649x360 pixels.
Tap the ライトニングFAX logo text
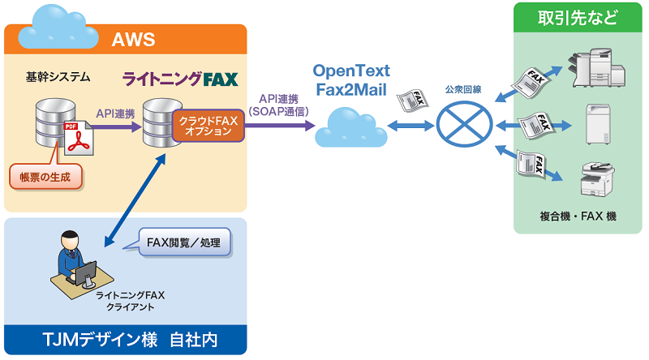pos(179,79)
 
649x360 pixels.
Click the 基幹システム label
pos(57,78)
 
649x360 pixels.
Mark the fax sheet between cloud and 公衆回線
pos(413,101)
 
